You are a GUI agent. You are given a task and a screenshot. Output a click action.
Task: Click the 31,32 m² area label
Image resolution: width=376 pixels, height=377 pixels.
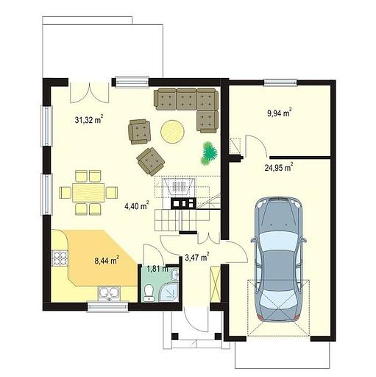[89, 119]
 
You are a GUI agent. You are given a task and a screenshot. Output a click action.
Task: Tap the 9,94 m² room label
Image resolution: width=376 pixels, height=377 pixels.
[280, 113]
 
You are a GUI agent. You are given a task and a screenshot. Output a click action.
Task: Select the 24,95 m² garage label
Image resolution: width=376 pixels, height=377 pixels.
[279, 167]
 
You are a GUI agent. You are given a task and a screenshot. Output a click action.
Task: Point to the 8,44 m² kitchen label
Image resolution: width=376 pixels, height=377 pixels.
[107, 260]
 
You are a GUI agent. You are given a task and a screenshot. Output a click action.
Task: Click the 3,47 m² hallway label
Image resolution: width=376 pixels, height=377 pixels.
[197, 257]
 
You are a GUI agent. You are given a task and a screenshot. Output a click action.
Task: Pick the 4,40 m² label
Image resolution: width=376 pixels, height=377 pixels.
[137, 205]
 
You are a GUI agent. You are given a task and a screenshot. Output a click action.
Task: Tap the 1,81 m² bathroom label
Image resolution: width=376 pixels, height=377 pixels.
[157, 269]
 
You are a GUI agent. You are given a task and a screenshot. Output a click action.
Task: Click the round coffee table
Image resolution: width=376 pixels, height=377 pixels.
[173, 131]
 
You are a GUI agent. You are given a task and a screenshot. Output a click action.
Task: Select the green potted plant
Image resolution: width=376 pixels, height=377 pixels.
[209, 153]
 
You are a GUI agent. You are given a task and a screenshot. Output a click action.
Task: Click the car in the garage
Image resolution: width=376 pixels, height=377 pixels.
[278, 259]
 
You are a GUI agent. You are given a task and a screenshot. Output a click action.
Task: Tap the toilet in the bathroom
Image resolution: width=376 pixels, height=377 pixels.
[149, 293]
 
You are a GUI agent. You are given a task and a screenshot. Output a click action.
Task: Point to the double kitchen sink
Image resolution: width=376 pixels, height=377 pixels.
[109, 293]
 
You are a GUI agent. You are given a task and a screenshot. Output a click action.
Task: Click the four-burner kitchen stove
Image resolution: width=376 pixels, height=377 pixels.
[60, 258]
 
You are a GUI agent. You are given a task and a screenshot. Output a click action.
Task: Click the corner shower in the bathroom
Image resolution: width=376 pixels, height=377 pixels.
[169, 292]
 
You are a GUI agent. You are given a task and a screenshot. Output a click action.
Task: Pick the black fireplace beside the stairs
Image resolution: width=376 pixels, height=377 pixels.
[183, 203]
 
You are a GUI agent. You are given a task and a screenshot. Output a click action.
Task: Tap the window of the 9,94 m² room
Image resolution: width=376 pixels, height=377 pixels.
[280, 82]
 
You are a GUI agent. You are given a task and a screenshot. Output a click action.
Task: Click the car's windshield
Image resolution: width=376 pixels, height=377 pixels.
[278, 241]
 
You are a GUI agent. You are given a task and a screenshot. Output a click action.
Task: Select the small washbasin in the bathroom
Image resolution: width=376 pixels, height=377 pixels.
[175, 274]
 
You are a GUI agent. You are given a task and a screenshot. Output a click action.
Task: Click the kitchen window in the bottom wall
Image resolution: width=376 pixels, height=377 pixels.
[108, 307]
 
